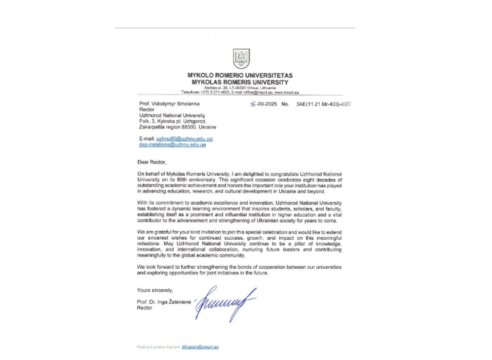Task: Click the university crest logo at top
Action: [241, 58]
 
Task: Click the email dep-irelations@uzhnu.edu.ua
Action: [172, 145]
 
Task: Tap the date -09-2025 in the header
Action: [263, 105]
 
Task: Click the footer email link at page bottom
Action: [201, 346]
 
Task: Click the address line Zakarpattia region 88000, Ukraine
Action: [177, 127]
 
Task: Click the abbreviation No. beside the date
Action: [285, 105]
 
